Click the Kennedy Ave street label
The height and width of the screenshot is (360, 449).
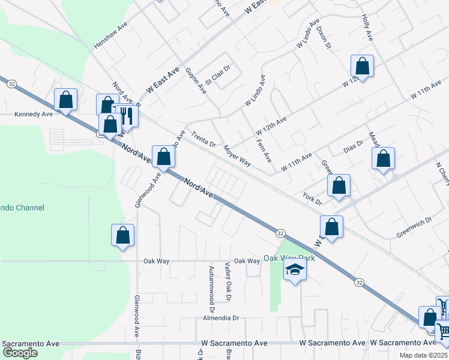[34, 113]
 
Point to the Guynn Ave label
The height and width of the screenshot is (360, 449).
[196, 81]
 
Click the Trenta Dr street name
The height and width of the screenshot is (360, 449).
[203, 140]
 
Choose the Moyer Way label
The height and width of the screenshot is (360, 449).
[237, 155]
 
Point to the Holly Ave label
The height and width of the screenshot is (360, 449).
[367, 28]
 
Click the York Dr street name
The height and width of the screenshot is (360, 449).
[312, 199]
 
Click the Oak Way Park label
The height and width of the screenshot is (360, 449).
[289, 259]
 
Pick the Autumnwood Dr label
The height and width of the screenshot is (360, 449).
[211, 284]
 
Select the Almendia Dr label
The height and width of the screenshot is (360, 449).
[221, 318]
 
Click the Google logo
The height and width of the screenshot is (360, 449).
[19, 353]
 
